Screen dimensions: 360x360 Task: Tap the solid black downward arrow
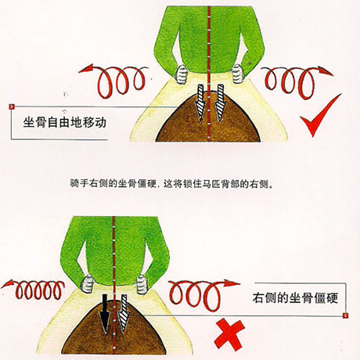point(105,314)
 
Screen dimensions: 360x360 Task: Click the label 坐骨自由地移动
point(65,122)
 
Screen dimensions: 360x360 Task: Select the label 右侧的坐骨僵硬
point(295,297)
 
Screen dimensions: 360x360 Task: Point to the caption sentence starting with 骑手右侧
point(171,184)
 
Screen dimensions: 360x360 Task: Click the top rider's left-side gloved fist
point(182,74)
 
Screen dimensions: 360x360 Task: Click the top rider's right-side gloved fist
point(238,74)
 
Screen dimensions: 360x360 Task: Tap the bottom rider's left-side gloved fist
point(88,284)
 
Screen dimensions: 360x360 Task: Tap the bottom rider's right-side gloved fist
point(142,284)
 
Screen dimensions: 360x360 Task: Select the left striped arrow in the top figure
point(200,103)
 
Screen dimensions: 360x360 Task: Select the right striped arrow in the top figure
point(220,103)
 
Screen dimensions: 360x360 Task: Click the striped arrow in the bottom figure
point(124,314)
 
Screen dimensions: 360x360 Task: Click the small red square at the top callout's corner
point(12,106)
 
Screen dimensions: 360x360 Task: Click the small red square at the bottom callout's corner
point(345,315)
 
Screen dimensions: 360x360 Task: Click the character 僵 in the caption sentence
point(142,184)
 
